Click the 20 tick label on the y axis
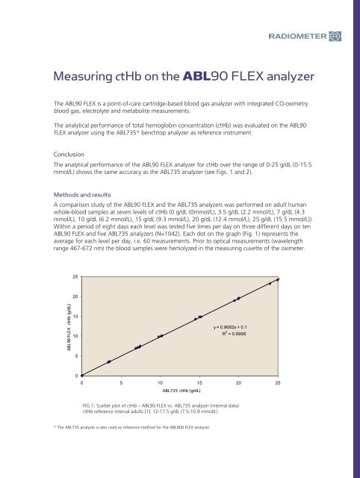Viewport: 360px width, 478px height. click(x=75, y=297)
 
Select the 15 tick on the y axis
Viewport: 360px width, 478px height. click(x=75, y=317)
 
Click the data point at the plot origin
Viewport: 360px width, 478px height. click(x=82, y=375)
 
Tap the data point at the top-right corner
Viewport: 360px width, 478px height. click(x=278, y=279)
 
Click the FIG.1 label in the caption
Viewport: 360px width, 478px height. click(x=90, y=404)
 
